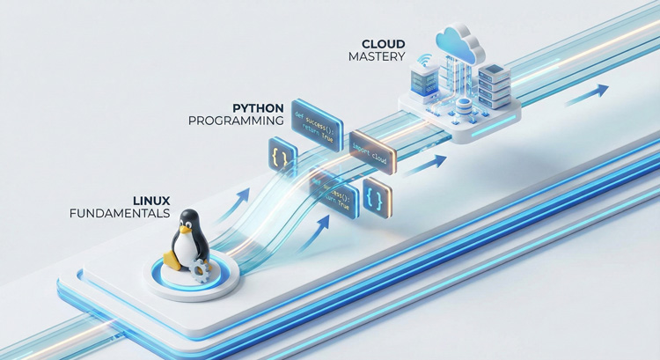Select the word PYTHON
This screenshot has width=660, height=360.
click(x=258, y=107)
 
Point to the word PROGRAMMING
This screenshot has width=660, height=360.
click(x=236, y=121)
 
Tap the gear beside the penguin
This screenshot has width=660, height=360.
click(x=202, y=269)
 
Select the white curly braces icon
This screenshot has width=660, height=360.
click(x=374, y=195)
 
